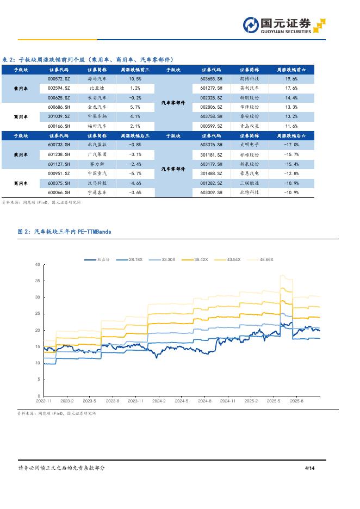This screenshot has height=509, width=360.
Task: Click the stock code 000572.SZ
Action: pos(58,78)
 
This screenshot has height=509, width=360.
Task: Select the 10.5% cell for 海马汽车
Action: pos(135,78)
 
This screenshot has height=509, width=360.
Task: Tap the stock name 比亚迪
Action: pos(97,88)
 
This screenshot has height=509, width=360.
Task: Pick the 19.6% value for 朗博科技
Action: pos(291,78)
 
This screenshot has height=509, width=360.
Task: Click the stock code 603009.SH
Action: pos(212,193)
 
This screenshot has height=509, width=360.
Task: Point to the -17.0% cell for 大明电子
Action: pos(291,145)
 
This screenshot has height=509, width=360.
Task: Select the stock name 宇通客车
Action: pos(97,193)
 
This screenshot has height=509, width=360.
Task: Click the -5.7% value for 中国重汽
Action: pos(135,173)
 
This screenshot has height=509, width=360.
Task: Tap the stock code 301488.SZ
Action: pos(212,173)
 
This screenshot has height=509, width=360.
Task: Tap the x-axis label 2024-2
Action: pos(159,401)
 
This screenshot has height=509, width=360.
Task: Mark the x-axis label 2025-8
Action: pos(296,401)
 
